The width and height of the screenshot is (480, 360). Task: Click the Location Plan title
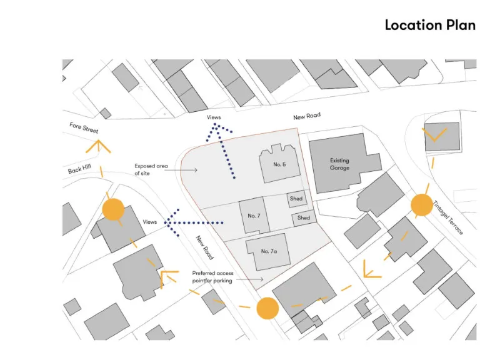(x=430, y=26)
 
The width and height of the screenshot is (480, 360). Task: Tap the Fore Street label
(x=84, y=127)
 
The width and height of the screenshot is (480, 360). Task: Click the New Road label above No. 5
(x=307, y=117)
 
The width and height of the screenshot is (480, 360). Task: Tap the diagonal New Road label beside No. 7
(x=204, y=247)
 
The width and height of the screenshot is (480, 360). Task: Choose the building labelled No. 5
(x=279, y=164)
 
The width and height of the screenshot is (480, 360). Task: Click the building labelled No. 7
(x=254, y=216)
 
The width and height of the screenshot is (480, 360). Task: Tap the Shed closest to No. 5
(x=297, y=199)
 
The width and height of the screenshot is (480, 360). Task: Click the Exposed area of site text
(x=152, y=169)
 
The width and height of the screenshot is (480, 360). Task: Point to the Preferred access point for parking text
(x=212, y=277)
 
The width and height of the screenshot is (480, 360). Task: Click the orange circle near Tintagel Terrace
(x=422, y=204)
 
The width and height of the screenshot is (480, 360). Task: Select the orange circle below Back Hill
(x=113, y=209)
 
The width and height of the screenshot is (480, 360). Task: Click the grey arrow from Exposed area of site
(x=187, y=170)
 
